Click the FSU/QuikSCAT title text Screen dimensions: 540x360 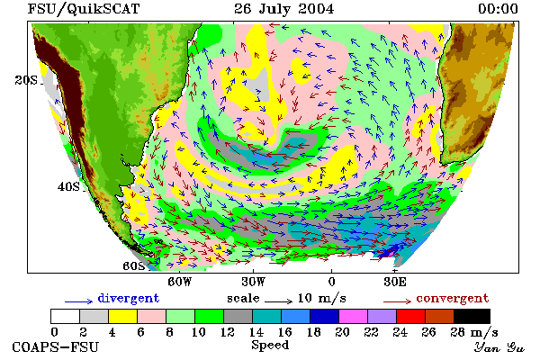[x=84, y=9]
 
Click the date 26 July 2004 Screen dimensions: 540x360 [x=283, y=9]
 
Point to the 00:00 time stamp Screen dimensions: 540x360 [x=498, y=9]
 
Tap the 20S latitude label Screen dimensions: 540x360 [x=26, y=80]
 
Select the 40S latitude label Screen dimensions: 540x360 [x=68, y=186]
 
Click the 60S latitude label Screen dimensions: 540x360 [x=133, y=266]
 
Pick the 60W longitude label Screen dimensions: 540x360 [x=179, y=282]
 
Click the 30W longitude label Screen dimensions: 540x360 [x=254, y=282]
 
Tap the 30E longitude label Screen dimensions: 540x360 [x=395, y=282]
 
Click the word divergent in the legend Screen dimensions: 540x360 [x=129, y=298]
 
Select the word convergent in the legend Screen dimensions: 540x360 [x=453, y=298]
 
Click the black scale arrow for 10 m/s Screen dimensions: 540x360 [x=279, y=301]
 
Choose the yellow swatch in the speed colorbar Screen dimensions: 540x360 [x=122, y=316]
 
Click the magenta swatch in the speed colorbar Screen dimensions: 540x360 [x=353, y=316]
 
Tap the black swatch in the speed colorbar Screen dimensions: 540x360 [x=472, y=316]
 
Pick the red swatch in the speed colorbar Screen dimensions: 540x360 [x=410, y=316]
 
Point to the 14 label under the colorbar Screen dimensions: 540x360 [x=256, y=332]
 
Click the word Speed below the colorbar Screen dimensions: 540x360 [x=270, y=346]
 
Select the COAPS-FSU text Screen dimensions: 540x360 [x=56, y=346]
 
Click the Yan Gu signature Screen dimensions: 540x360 [x=499, y=347]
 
